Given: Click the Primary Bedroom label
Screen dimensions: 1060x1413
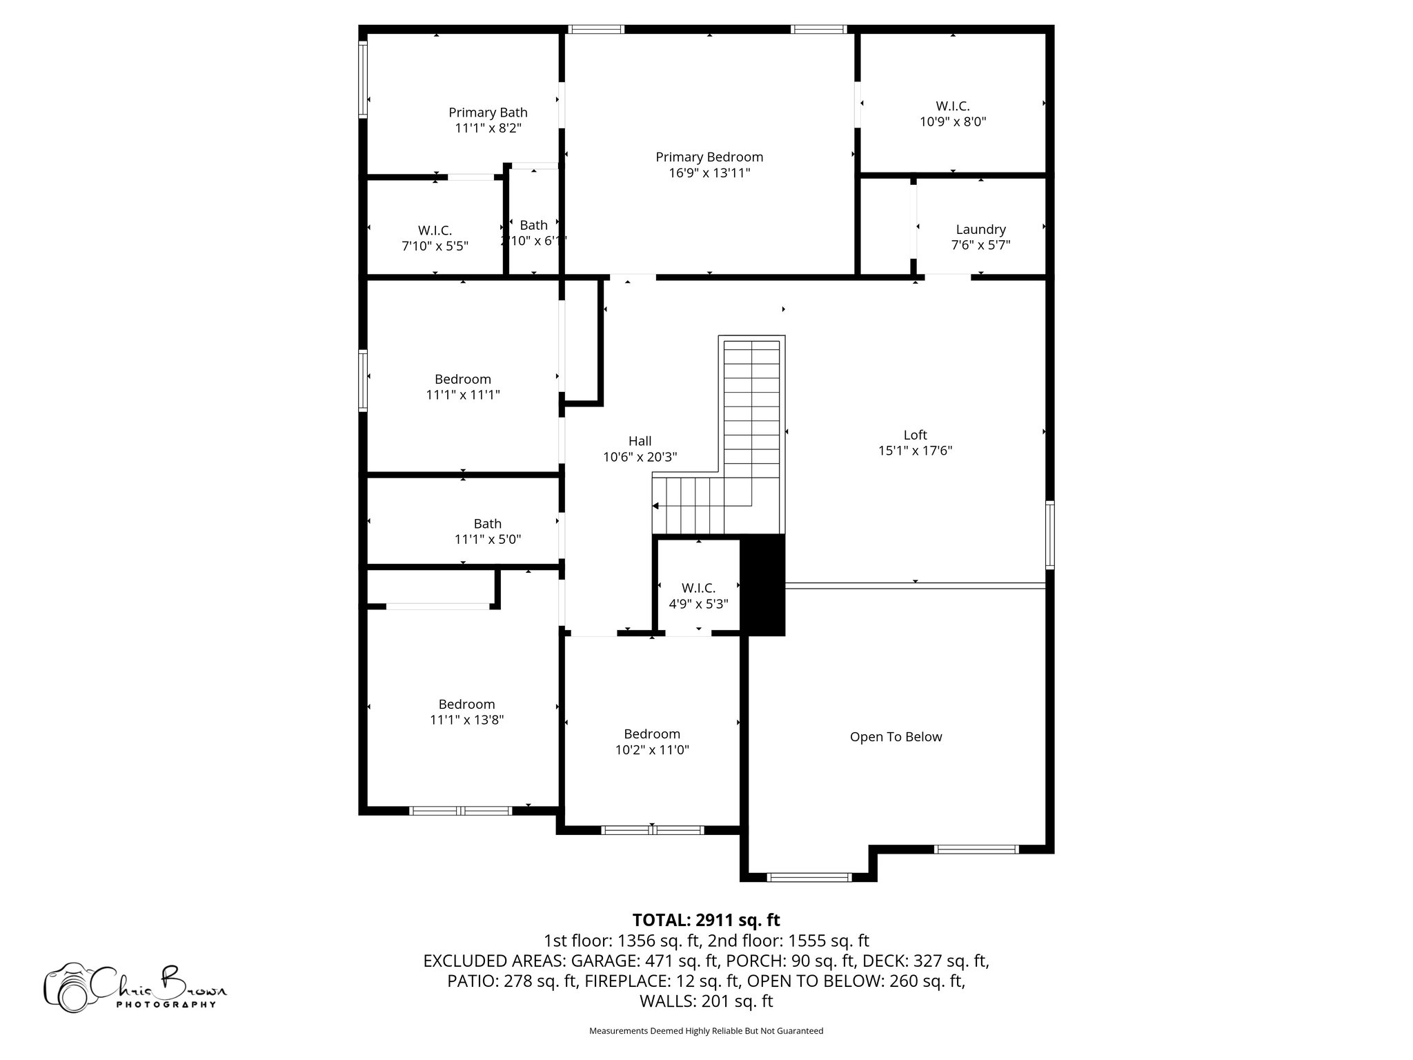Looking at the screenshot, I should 709,157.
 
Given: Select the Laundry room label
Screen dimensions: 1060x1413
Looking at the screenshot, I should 980,230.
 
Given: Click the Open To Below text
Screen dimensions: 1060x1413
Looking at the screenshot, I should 896,737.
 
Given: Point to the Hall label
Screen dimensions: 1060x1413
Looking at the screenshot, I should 640,442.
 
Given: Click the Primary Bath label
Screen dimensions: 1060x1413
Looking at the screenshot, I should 488,112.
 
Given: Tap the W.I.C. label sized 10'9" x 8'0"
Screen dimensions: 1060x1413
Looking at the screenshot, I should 953,106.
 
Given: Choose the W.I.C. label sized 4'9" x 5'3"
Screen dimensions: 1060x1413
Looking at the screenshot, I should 698,588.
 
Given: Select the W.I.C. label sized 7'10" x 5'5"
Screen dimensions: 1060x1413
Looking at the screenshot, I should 435,230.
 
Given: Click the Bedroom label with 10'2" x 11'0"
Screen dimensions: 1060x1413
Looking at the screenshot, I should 652,734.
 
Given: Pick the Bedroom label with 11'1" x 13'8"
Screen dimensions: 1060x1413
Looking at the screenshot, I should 466,705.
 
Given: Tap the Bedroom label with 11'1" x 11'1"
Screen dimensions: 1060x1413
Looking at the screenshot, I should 462,380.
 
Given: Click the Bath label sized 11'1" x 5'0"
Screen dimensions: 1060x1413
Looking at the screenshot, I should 487,524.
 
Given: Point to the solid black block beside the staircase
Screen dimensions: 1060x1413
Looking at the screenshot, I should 762,585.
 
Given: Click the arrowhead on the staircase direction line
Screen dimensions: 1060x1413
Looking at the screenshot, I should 655,506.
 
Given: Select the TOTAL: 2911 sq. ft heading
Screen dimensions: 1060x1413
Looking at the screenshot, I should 706,920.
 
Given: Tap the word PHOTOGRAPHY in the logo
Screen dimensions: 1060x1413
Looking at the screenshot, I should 166,1004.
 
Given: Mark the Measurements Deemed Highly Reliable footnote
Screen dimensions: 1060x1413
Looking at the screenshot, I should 706,1031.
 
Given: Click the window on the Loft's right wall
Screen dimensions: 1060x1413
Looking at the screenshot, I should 1049,535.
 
